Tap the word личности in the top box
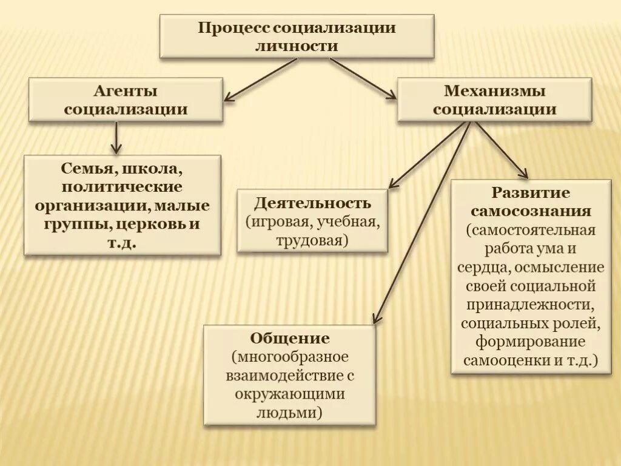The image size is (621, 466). coord(297,46)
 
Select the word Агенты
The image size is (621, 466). coord(126,91)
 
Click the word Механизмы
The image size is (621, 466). coord(494,91)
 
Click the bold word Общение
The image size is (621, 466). coord(289,338)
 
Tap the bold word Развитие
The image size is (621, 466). coord(531,193)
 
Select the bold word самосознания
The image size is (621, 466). coord(531,211)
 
